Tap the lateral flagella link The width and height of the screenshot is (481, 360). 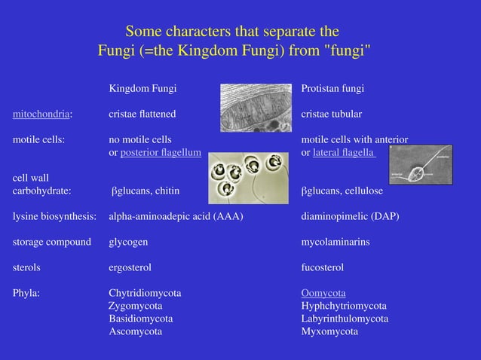(x=343, y=153)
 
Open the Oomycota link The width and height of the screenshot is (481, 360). (x=323, y=293)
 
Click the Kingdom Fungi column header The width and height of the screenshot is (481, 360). (x=142, y=89)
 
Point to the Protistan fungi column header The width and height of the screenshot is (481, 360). (x=332, y=89)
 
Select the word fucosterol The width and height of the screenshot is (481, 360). (x=323, y=267)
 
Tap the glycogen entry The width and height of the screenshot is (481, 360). (x=128, y=243)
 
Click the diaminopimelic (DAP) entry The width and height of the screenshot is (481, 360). (x=350, y=217)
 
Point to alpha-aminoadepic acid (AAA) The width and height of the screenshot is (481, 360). (x=176, y=217)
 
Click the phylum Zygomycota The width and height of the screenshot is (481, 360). (x=136, y=306)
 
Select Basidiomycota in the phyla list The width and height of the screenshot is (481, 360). (x=141, y=319)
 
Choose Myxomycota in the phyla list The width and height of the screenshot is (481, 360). (x=329, y=331)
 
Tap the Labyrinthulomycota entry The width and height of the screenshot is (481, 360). (x=345, y=319)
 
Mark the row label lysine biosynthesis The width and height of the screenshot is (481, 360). (x=54, y=217)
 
